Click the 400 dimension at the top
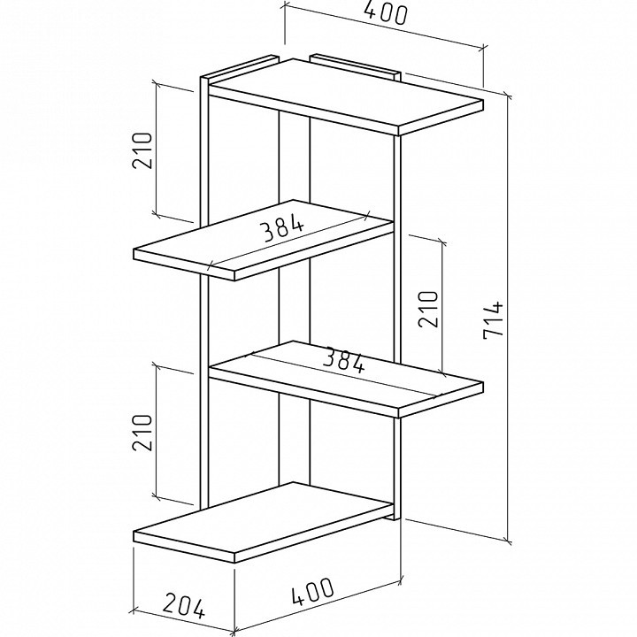pos(385,13)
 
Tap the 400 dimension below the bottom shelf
pos(313,592)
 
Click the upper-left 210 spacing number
pos(142,150)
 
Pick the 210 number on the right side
pos(428,309)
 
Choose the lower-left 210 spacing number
pos(142,433)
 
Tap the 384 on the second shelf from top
pos(283,230)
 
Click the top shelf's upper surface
pos(345,93)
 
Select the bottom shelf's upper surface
pos(263,518)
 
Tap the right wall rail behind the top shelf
pos(355,65)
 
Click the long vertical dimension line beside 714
pos(508,318)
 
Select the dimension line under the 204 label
pos(184,622)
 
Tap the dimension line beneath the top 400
pos(384,27)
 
